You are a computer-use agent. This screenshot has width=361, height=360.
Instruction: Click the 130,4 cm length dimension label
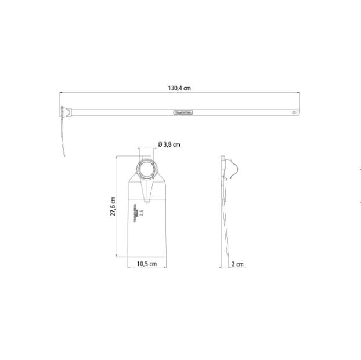pos(179,89)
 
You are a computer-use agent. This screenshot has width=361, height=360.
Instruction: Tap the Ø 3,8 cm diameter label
pos(168,144)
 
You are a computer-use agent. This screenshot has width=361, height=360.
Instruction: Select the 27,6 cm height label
pos(114,206)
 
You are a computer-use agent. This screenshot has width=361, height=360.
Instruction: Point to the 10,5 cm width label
pos(146,264)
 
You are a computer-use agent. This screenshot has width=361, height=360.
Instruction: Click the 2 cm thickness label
pos(237,264)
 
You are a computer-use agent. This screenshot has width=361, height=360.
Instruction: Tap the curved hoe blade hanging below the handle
pos(62,136)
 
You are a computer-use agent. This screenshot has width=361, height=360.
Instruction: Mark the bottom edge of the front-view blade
pos(146,257)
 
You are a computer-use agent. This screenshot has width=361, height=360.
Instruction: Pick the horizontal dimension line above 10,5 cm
pos(146,268)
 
